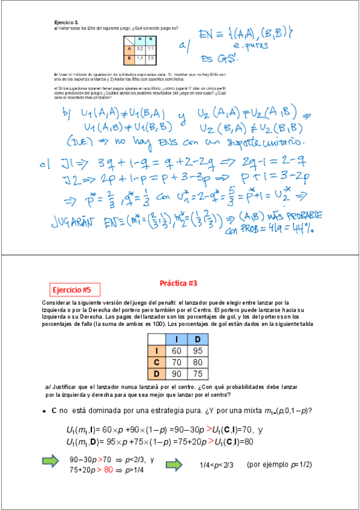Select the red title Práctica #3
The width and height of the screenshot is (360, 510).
coord(178,283)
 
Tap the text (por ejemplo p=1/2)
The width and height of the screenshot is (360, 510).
coord(279,464)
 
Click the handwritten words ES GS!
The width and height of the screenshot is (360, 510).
coord(219,58)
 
